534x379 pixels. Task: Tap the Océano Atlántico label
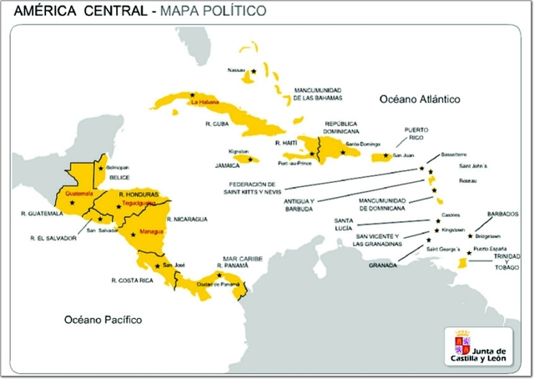420,99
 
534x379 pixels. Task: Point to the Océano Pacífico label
104,320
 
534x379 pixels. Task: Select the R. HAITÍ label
286,143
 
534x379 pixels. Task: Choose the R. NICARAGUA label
187,219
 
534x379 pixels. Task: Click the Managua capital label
152,230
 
